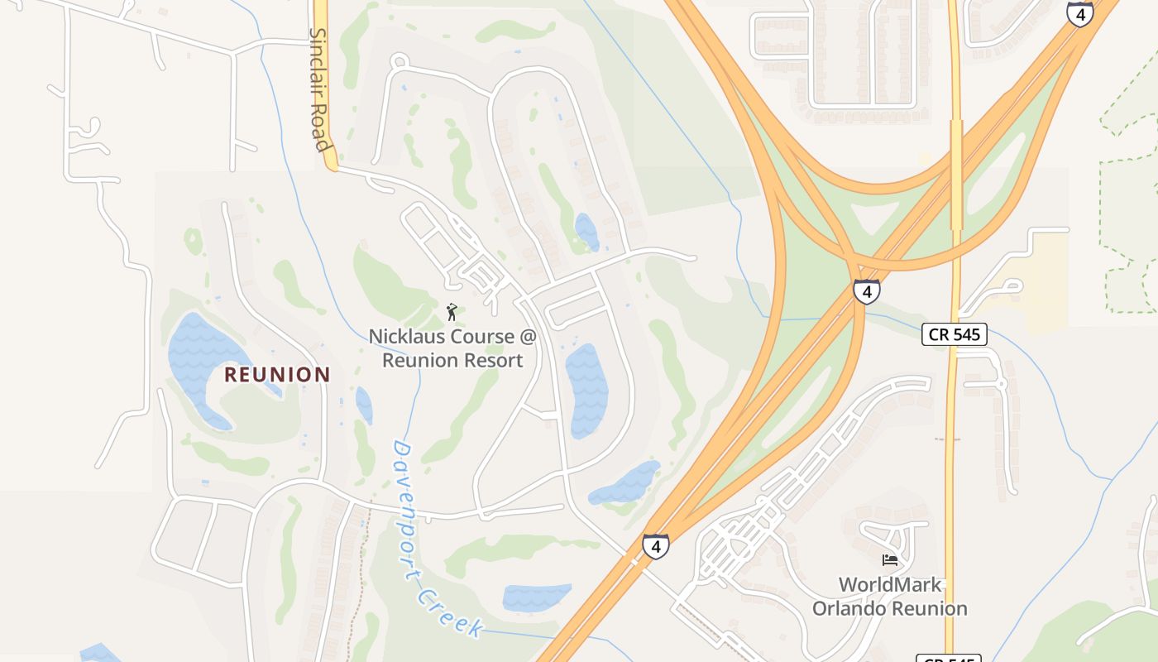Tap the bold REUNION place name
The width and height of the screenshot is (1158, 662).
click(277, 375)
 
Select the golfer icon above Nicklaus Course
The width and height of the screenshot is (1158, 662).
click(452, 312)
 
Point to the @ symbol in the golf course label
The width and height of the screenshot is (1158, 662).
click(526, 337)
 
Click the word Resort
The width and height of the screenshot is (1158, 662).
click(492, 361)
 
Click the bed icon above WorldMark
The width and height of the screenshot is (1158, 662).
click(890, 560)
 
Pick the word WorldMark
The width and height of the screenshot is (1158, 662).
click(890, 585)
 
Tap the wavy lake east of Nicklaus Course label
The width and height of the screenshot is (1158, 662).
click(586, 389)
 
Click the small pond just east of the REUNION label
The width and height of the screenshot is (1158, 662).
click(364, 405)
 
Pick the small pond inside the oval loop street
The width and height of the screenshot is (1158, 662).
click(586, 232)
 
